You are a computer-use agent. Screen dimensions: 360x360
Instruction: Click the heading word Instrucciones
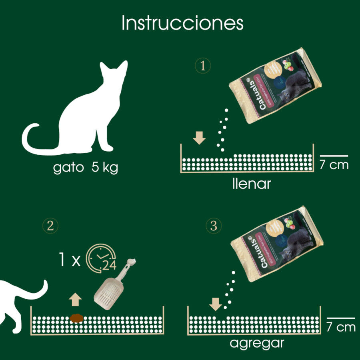coord(182,23)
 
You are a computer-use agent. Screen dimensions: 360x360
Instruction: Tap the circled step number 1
coord(203,66)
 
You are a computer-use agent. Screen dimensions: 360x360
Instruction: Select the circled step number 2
coord(50,226)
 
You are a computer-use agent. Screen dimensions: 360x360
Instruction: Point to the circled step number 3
coord(214,226)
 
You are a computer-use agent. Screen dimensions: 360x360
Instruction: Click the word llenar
coord(251,184)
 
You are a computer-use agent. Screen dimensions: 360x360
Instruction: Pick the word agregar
coord(257,343)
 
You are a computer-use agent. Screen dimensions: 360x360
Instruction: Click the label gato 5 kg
coord(86,168)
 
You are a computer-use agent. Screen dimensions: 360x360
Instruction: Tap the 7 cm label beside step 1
coord(334,164)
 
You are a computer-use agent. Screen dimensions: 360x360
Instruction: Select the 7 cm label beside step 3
coord(340,327)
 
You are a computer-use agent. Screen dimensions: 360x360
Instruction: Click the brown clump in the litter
coord(76,318)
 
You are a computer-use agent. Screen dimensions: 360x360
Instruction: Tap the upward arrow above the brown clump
coord(75,299)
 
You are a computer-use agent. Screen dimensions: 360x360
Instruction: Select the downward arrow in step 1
coord(199,138)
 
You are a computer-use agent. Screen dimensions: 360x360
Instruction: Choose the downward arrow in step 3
coord(215,304)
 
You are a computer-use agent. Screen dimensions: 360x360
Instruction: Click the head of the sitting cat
coord(114,76)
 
